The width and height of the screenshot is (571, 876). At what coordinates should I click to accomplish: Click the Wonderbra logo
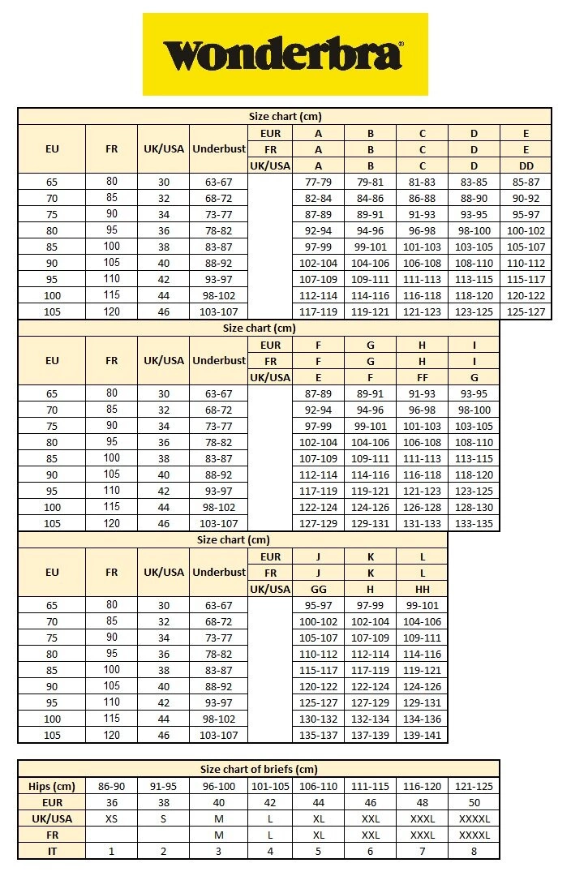click(285, 55)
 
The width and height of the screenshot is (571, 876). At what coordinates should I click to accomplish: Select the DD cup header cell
click(526, 165)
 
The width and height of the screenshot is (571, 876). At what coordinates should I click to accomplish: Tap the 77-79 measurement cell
click(318, 182)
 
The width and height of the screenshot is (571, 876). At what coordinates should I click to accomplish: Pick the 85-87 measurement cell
click(526, 182)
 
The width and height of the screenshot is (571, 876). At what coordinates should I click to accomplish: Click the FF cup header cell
click(422, 377)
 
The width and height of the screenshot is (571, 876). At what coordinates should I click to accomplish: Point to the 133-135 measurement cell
click(474, 523)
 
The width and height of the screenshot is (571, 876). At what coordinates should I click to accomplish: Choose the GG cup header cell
click(318, 589)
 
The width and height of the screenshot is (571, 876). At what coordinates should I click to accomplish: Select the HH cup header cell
click(422, 589)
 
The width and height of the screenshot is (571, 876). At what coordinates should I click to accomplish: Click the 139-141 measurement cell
click(422, 735)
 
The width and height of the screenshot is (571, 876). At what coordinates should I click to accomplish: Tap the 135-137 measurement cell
click(318, 735)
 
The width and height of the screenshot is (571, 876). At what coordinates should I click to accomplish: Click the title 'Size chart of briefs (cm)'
click(259, 769)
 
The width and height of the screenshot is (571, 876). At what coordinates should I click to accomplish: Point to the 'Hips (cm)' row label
click(51, 786)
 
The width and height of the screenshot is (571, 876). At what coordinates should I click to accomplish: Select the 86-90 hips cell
click(111, 786)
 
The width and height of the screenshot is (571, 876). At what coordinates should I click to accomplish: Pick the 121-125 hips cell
click(474, 786)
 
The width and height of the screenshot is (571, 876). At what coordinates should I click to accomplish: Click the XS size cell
click(111, 818)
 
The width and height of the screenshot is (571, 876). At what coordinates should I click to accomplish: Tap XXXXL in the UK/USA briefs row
click(474, 818)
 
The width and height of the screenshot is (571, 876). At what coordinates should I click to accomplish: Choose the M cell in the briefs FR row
click(218, 835)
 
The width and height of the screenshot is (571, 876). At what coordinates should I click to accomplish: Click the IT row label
click(51, 851)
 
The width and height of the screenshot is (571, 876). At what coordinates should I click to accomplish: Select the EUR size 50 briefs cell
click(474, 802)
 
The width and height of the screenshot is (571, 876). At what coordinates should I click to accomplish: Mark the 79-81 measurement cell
click(370, 182)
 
